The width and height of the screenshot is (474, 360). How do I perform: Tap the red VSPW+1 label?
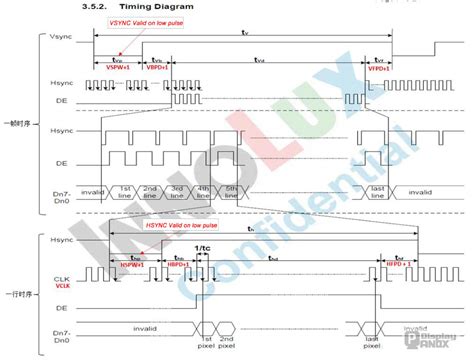[119, 68]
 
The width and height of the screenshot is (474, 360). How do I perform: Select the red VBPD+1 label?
[157, 68]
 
